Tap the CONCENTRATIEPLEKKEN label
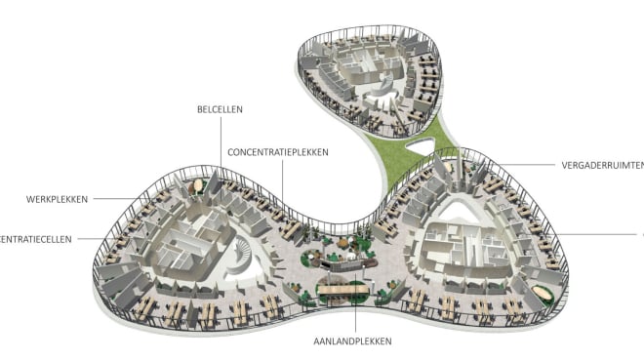pos(277,152)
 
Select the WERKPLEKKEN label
pos(58,199)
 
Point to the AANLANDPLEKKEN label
pos(353,340)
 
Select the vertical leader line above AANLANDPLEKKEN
pos(353,314)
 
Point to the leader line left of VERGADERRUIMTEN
pos(522,165)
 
